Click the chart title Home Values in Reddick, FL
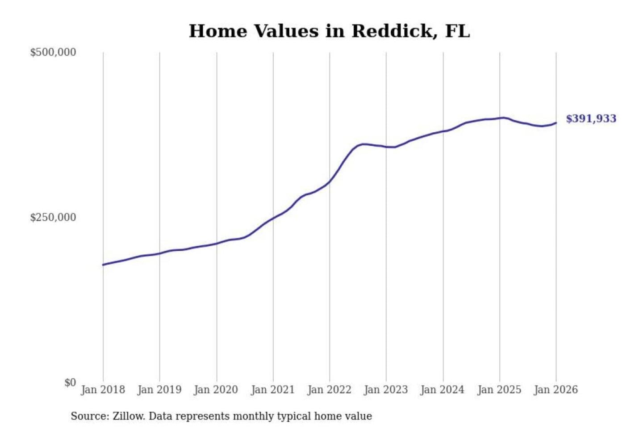point(329,31)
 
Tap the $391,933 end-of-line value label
point(591,119)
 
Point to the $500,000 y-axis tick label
point(53,52)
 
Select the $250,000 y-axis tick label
point(53,218)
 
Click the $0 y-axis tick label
point(70,383)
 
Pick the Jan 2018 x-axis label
point(103,390)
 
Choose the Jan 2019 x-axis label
point(159,390)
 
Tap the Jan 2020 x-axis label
point(216,390)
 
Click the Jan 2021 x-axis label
point(273,390)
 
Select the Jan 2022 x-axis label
point(330,390)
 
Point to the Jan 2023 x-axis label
point(386,390)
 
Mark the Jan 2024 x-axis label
point(443,390)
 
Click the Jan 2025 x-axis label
point(499,390)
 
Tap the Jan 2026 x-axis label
point(556,390)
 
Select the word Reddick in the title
point(392,31)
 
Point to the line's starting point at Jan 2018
point(103,265)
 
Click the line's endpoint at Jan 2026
point(556,123)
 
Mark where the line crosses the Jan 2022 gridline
point(330,181)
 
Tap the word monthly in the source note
point(253,416)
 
